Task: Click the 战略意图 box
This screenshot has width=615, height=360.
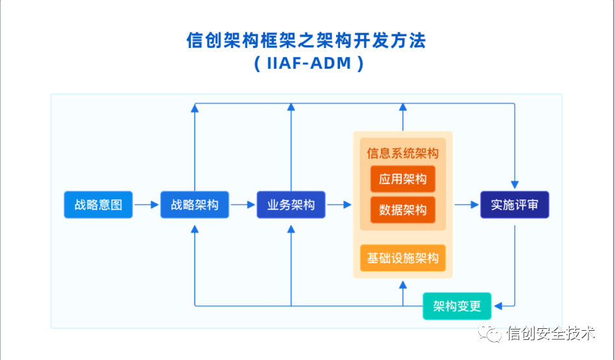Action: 98,205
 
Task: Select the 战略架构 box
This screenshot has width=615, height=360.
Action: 195,205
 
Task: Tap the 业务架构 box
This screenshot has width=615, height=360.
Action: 291,205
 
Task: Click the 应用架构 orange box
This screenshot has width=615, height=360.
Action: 403,179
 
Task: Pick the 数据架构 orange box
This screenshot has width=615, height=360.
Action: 403,210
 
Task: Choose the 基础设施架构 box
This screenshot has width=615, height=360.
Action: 403,258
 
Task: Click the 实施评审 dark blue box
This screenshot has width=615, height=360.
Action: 514,205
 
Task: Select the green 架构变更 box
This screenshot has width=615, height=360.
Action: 457,306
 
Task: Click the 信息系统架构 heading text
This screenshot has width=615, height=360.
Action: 403,154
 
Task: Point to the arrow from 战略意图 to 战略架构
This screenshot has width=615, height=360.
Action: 147,205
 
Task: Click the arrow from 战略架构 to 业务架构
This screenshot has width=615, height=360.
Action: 243,205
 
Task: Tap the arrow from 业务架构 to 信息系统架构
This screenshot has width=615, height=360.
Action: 339,205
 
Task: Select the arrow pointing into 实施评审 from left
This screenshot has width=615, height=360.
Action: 466,205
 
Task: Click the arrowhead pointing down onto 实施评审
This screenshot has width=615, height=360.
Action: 514,186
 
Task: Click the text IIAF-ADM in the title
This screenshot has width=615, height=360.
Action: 308,64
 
